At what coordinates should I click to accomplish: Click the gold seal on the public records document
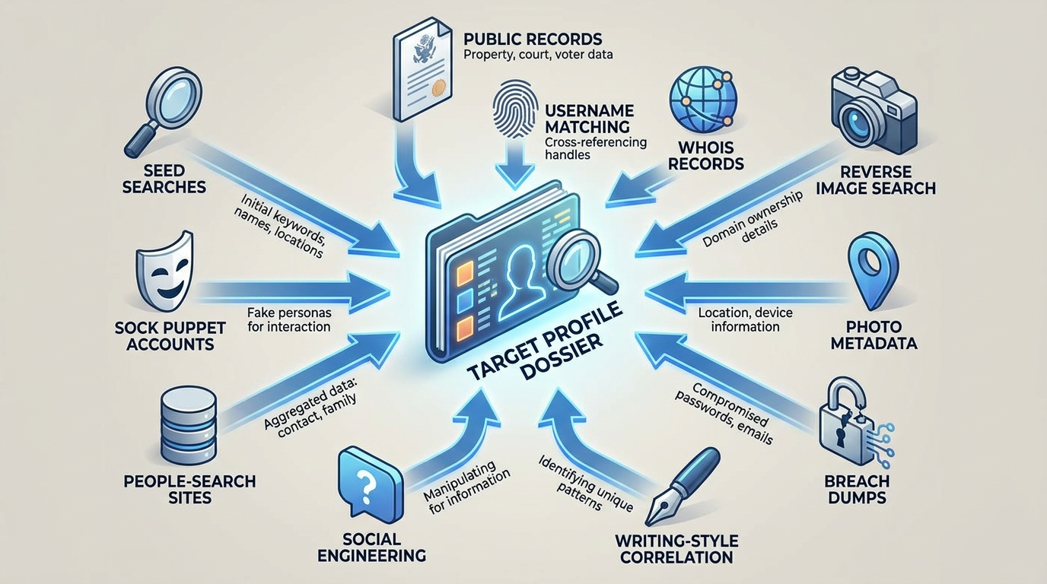438,87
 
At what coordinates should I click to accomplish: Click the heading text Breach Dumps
857,489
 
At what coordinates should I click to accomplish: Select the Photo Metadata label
874,335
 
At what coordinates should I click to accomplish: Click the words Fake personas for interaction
289,319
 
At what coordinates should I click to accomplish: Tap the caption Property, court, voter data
538,55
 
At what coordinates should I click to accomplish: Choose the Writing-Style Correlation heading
676,549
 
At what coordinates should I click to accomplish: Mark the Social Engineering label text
371,547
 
